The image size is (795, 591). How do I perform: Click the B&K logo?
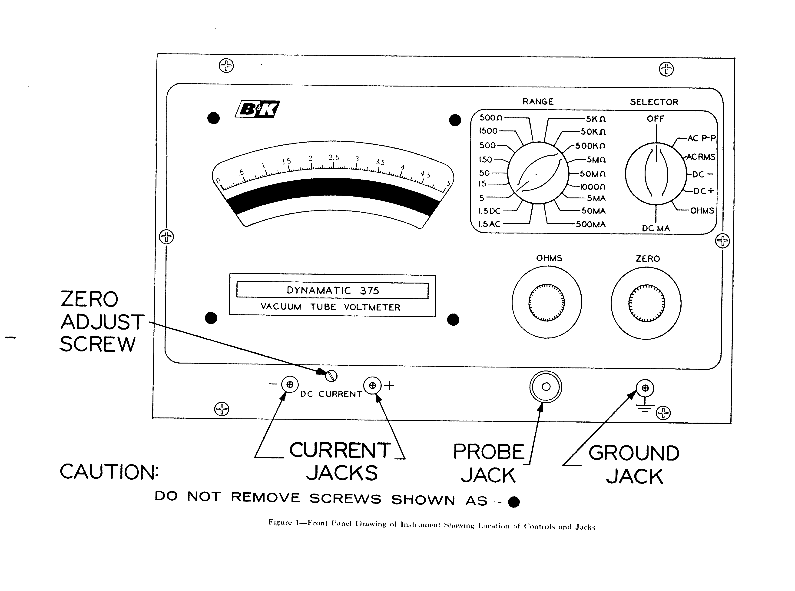(257, 109)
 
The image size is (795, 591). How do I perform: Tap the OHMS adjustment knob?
(546, 303)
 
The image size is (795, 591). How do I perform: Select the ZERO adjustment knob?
(646, 303)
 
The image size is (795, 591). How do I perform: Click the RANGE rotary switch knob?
(538, 173)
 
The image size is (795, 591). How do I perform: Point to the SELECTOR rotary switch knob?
(656, 174)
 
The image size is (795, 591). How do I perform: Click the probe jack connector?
(546, 387)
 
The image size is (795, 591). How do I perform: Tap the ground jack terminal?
(645, 388)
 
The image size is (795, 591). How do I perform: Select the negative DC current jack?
(290, 384)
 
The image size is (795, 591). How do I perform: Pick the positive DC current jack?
(372, 386)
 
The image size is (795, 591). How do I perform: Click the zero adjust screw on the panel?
(332, 376)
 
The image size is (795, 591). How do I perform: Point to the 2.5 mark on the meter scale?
(334, 158)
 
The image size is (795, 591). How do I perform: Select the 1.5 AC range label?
(489, 224)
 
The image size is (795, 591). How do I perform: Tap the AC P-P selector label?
(701, 138)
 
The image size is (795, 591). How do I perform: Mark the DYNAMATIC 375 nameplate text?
(332, 290)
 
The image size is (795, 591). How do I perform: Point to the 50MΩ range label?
(592, 174)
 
